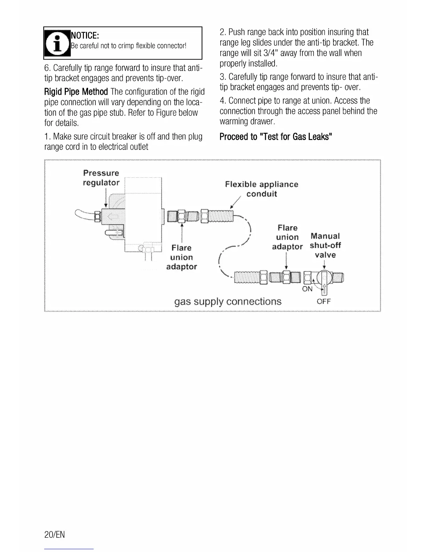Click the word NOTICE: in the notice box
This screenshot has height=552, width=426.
[85, 36]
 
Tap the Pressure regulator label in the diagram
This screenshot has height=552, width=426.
[101, 178]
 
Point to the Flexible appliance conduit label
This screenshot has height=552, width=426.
[262, 189]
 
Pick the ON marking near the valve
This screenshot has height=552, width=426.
[307, 289]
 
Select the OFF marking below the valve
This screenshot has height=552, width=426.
[324, 301]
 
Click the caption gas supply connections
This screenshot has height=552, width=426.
[228, 301]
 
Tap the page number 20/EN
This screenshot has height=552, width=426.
[55, 535]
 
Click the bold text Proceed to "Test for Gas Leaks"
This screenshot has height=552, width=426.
[276, 137]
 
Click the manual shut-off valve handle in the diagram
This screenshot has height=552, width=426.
[324, 282]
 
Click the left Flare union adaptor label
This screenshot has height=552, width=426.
[181, 257]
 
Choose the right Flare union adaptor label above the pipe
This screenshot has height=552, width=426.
[287, 237]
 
